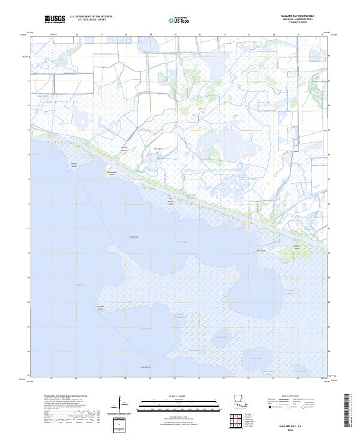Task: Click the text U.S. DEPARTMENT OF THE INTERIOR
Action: [x=91, y=16]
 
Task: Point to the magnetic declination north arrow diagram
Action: [x=119, y=405]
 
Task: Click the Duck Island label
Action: [x=262, y=251]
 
